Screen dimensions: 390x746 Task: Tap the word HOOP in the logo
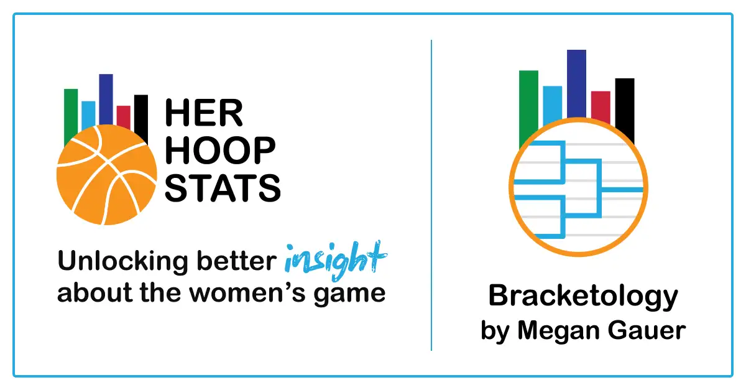click(221, 151)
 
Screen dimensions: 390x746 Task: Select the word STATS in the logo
click(223, 187)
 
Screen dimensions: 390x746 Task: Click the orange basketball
click(106, 176)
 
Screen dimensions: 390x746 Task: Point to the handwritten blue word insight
click(334, 260)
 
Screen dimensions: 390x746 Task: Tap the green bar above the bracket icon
click(528, 100)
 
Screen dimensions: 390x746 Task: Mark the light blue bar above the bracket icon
click(552, 103)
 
